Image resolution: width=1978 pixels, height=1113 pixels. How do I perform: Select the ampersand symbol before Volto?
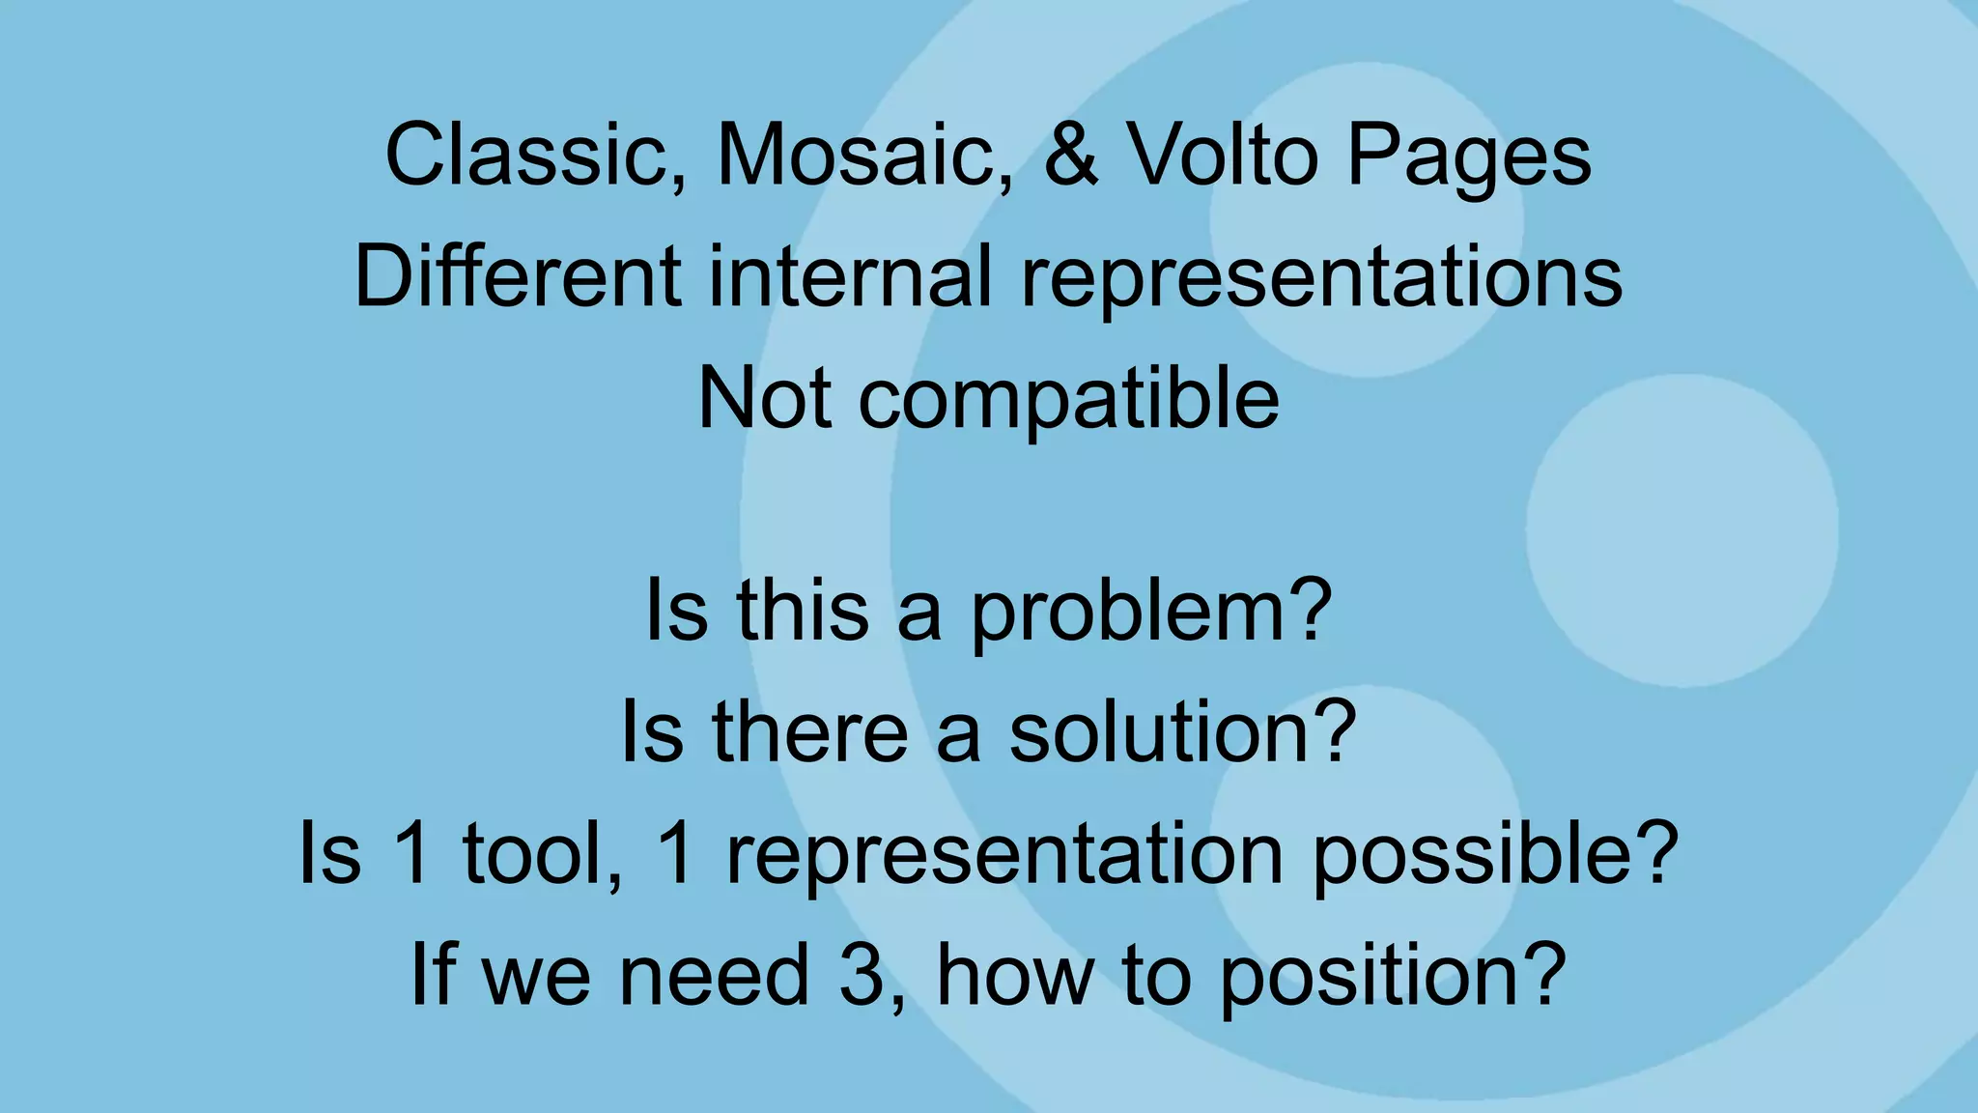(1071, 157)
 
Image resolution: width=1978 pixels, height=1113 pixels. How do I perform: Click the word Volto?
(1223, 157)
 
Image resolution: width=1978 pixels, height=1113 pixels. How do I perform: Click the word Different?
(518, 277)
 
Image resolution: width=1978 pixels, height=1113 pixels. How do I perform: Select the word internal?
(850, 277)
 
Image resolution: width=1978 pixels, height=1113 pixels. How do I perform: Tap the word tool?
(542, 854)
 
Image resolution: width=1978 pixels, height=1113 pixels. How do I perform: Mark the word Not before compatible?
(763, 398)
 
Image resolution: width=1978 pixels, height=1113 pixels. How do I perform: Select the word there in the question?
(809, 733)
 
